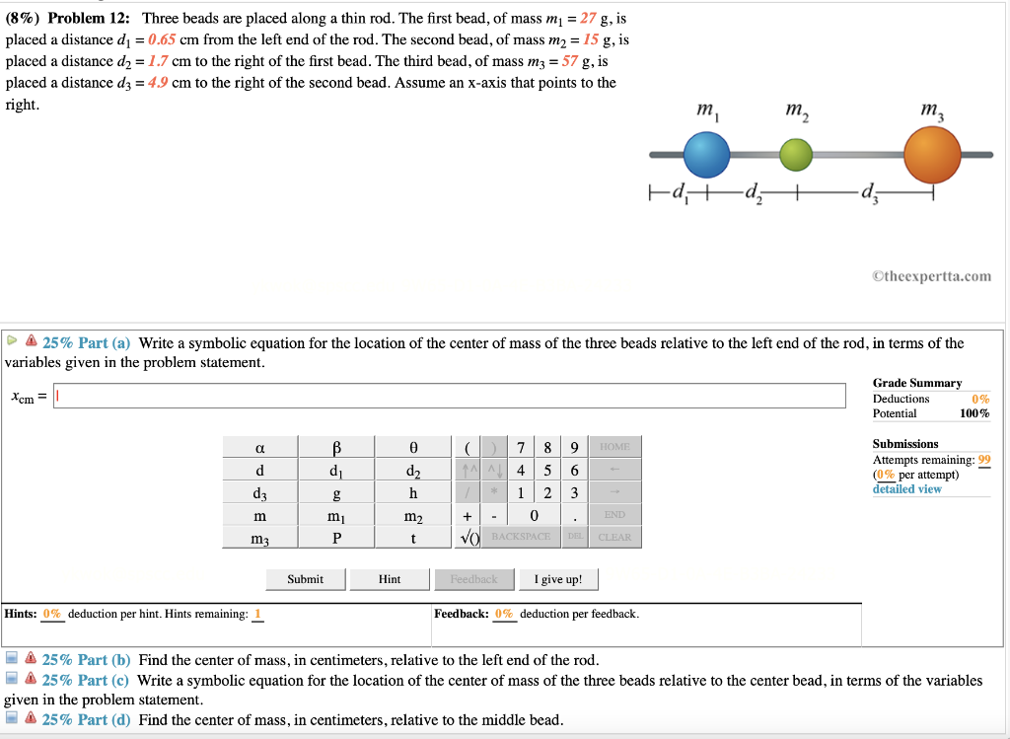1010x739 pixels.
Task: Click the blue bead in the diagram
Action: click(706, 155)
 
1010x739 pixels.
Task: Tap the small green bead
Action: click(796, 155)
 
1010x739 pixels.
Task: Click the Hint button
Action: click(390, 579)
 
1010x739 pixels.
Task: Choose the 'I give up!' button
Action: click(558, 579)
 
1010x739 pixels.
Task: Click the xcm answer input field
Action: click(450, 396)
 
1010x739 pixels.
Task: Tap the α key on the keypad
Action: click(259, 447)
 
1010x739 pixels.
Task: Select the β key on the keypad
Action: click(336, 447)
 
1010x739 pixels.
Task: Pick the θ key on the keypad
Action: click(413, 447)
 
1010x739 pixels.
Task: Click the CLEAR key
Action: click(614, 537)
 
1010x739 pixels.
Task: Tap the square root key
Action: click(469, 537)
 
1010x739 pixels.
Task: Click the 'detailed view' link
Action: click(906, 489)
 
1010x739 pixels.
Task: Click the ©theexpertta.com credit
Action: click(932, 276)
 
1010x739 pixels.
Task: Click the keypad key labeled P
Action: click(336, 538)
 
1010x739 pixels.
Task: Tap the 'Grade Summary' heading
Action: click(917, 383)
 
